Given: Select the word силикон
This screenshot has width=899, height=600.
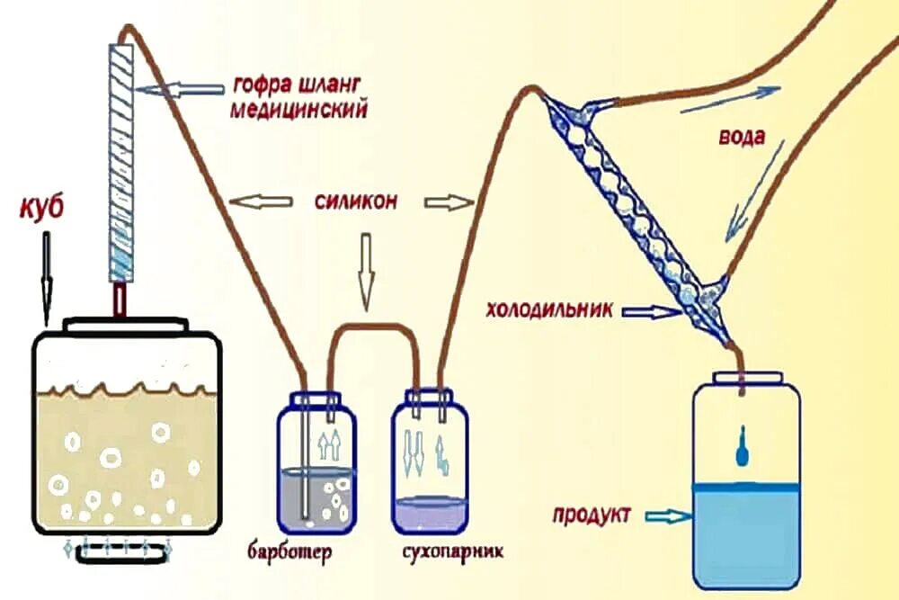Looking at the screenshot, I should tap(356, 201).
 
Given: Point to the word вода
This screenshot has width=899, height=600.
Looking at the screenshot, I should tap(743, 139).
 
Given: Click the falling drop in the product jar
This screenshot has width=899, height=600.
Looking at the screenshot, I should tap(743, 448).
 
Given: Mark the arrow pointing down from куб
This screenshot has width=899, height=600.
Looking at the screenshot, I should tap(46, 279).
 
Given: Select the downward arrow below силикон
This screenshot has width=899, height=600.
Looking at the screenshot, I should tap(365, 270).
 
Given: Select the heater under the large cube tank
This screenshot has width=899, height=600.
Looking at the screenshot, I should tap(122, 553).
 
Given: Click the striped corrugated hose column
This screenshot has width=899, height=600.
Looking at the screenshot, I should tap(122, 153).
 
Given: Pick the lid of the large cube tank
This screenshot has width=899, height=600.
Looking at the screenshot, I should tap(126, 323).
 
